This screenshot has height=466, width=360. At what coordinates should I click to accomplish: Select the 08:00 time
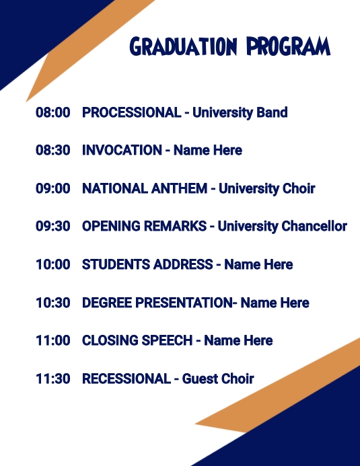pyautogui.click(x=52, y=112)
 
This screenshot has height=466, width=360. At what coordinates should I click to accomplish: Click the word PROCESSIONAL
pyautogui.click(x=131, y=112)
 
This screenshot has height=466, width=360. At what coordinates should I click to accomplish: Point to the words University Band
pyautogui.click(x=240, y=112)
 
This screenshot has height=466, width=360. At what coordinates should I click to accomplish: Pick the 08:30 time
pyautogui.click(x=52, y=150)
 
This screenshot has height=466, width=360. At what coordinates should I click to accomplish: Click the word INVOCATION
pyautogui.click(x=122, y=150)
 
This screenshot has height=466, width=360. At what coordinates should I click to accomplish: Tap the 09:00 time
pyautogui.click(x=52, y=188)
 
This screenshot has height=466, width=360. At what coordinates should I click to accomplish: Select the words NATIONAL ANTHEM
pyautogui.click(x=145, y=188)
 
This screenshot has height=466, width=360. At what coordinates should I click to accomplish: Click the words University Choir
pyautogui.click(x=266, y=188)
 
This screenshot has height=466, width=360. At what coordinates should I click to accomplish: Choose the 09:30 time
pyautogui.click(x=52, y=226)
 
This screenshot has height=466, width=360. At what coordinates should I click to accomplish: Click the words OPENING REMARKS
pyautogui.click(x=144, y=226)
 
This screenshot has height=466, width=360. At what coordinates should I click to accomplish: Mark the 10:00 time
pyautogui.click(x=52, y=264)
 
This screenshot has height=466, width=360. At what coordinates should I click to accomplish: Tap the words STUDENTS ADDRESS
pyautogui.click(x=147, y=264)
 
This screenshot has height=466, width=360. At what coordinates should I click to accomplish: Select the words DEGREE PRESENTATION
pyautogui.click(x=156, y=303)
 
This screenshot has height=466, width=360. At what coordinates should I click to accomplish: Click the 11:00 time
pyautogui.click(x=52, y=340)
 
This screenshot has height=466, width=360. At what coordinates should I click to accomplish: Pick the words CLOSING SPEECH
pyautogui.click(x=137, y=340)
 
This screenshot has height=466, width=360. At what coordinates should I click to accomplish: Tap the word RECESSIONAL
pyautogui.click(x=127, y=379)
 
